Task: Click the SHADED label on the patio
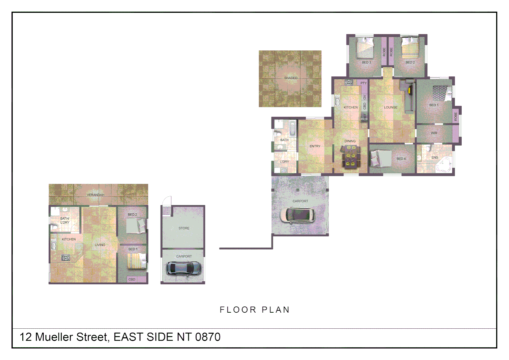290,78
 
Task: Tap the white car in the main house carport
297,215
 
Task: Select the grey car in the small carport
184,268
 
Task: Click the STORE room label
184,228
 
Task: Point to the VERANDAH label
95,195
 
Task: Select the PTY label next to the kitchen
363,83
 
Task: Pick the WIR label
434,133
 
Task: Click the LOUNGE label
391,108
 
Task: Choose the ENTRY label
315,146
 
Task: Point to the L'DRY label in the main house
284,162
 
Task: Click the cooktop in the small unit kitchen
66,257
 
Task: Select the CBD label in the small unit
132,280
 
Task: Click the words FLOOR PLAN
254,310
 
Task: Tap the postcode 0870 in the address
208,337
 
